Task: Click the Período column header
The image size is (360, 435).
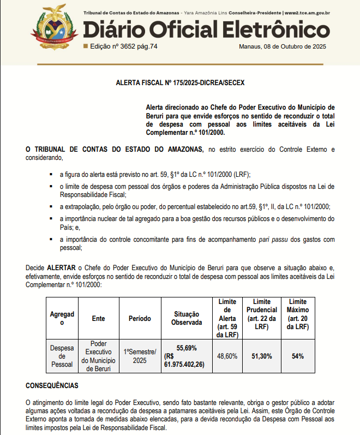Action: click(x=140, y=318)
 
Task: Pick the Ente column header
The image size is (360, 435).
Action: click(x=99, y=318)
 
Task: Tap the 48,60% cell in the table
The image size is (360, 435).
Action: click(x=227, y=356)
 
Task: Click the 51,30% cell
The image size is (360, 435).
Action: click(x=262, y=356)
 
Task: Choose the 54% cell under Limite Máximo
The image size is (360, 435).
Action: click(x=298, y=356)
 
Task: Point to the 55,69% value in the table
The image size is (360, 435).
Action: click(x=187, y=348)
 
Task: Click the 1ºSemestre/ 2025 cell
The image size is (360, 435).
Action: click(x=140, y=356)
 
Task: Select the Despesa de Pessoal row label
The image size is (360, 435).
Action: click(x=62, y=356)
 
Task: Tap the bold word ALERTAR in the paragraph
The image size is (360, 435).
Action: click(x=61, y=269)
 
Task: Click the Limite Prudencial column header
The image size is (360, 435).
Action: click(x=262, y=314)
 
